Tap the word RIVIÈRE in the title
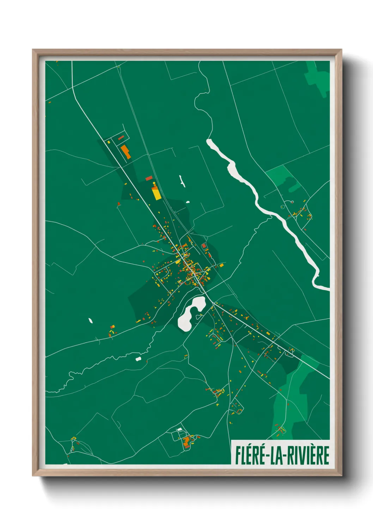coord(308,455)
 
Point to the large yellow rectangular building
coord(156,193)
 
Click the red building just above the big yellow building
coord(149,178)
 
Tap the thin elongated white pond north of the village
coord(182,181)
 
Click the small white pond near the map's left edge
coord(91,321)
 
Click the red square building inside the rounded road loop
coord(203,245)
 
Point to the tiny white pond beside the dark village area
coord(188,202)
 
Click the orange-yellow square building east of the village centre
coord(221,265)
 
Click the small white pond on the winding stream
coord(139,359)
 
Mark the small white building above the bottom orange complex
coord(180,429)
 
